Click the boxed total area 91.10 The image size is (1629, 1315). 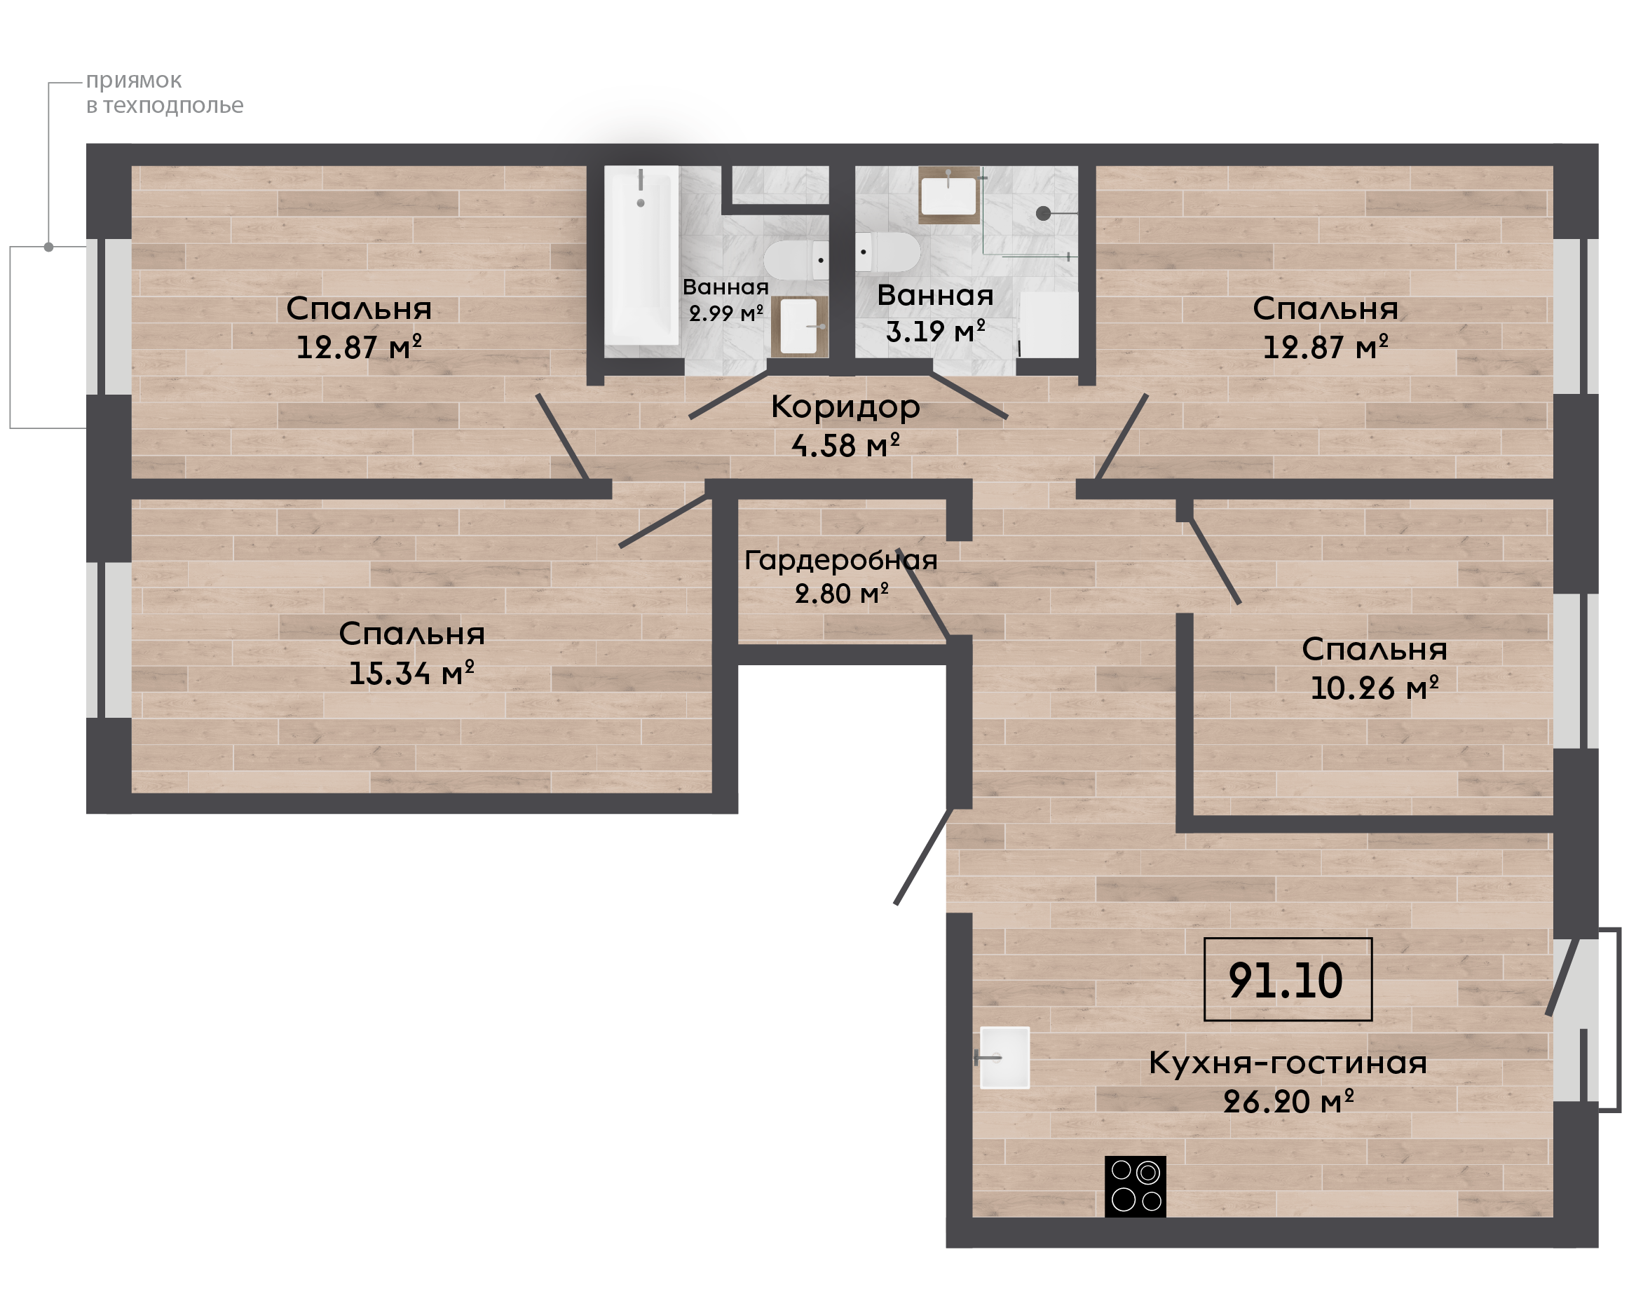coord(1288,980)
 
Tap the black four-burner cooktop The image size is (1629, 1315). coord(1136,1186)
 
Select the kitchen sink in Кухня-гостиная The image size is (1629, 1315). coord(1004,1058)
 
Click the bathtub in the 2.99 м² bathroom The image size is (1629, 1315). coord(641,255)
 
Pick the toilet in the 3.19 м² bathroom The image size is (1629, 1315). coord(887,252)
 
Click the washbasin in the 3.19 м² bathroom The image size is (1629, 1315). coord(948,195)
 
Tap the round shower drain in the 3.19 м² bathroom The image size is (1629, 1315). coord(1043,214)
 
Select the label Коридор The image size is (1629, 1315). coord(845,407)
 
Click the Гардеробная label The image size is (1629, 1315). coord(840,561)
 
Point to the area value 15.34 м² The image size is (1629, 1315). coord(411,673)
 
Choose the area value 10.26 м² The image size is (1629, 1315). coord(1374,688)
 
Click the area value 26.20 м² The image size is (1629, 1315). coord(1288,1101)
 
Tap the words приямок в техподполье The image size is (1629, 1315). coord(164,93)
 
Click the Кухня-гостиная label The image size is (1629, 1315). coord(1288,1063)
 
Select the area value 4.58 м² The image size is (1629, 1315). coord(845,445)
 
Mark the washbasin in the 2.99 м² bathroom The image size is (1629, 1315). coord(799,327)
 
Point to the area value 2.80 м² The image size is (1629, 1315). coord(841,594)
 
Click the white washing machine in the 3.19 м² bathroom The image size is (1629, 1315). coord(1048,325)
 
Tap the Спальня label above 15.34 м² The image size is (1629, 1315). coord(411,634)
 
